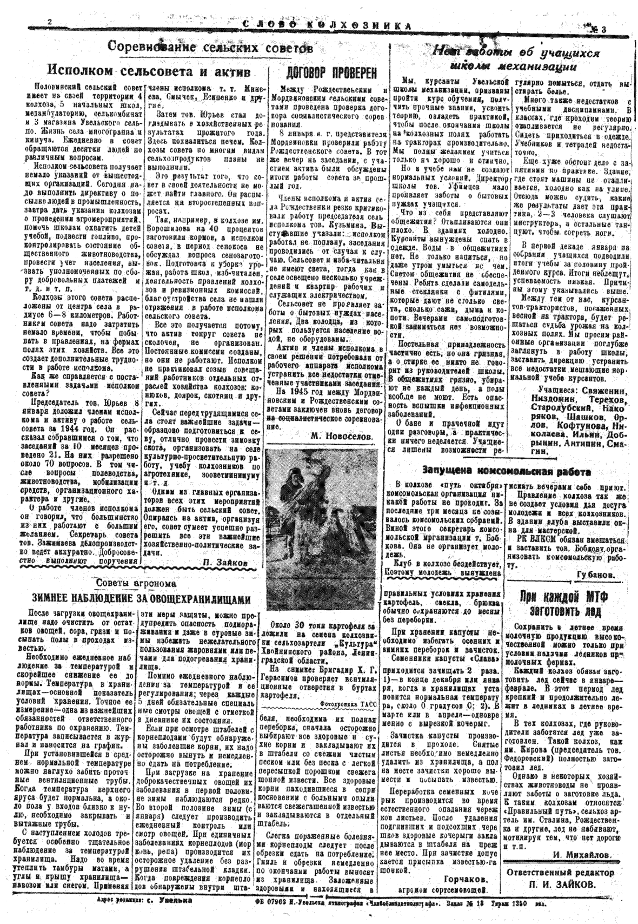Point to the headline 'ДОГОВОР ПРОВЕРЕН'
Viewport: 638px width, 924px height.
tap(330, 73)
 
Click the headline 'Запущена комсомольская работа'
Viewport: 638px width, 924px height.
tap(506, 471)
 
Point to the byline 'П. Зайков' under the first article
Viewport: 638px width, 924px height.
tap(227, 563)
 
